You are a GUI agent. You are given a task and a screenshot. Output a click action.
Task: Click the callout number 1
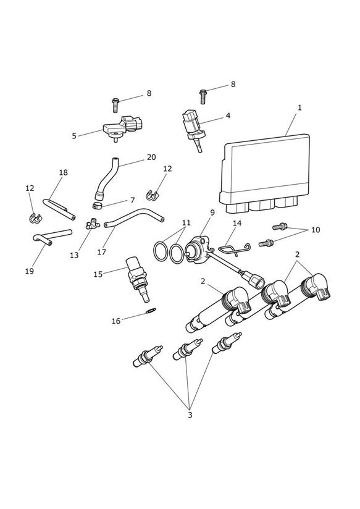pos(299,107)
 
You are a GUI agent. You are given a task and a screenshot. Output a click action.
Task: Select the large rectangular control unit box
pos(264,174)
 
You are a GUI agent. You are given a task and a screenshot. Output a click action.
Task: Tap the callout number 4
pos(228,116)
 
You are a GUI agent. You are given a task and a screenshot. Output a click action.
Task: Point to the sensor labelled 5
pos(123,129)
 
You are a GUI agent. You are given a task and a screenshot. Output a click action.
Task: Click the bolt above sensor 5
pos(115,105)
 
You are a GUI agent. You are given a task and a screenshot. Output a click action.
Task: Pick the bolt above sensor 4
pos(203,96)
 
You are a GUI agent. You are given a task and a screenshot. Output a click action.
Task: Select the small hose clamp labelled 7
pos(98,206)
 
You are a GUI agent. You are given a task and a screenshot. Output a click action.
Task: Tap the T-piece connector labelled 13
pos(93,224)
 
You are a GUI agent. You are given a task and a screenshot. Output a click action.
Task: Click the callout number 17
pos(102,252)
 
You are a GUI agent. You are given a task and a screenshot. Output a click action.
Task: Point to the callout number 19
pos(30,271)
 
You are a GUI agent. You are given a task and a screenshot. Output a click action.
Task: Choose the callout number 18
pos(64,172)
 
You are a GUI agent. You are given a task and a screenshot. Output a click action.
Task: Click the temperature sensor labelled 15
pos(138,279)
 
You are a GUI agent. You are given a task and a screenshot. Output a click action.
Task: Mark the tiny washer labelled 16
pos(151,310)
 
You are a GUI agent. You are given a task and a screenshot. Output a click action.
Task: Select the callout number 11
pos(186,223)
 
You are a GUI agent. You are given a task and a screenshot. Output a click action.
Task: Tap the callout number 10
pos(316,230)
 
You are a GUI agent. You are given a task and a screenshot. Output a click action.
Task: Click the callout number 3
pos(190,415)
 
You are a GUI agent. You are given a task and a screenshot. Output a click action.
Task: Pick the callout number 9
pos(212,212)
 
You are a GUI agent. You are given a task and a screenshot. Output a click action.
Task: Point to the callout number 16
pos(116,321)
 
